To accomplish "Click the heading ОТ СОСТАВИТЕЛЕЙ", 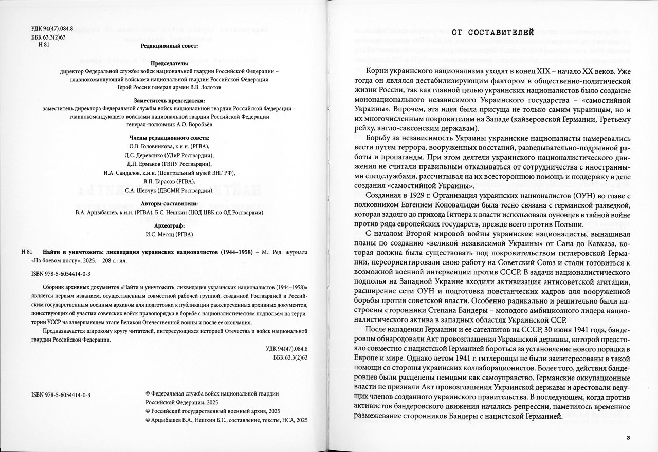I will point(493,33).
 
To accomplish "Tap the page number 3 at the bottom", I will point(628,437).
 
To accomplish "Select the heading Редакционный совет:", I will point(169,46).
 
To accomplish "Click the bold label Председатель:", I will point(169,63).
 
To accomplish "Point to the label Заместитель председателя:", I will point(169,101).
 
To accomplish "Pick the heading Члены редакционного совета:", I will point(169,138).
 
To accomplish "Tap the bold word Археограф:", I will point(169,225).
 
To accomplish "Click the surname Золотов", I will point(209,88).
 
